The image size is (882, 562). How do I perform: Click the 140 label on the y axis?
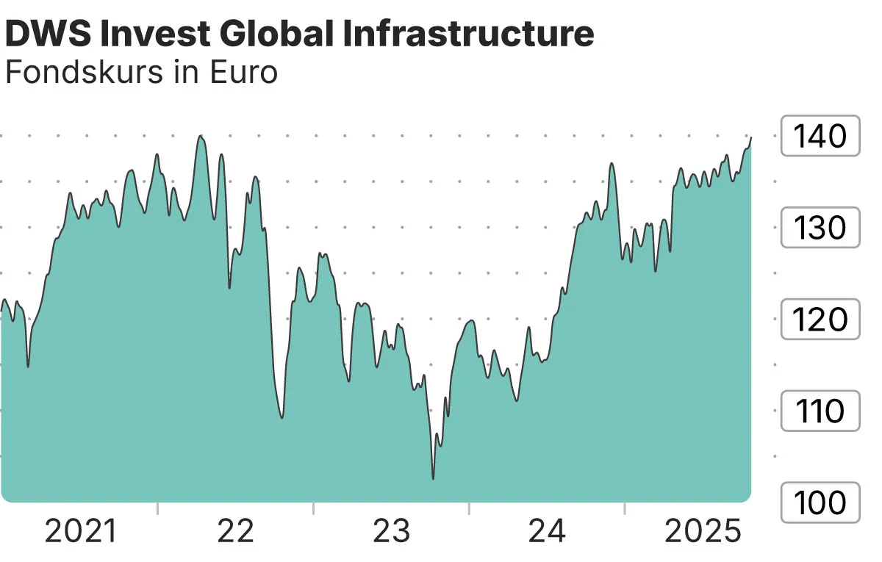[820, 136]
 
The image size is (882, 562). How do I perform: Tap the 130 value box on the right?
[820, 228]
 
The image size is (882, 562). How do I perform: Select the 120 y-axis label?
[820, 320]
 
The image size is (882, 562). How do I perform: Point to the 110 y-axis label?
[820, 411]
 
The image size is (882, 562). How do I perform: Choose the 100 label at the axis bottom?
[820, 503]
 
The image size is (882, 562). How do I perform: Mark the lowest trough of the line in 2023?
[433, 479]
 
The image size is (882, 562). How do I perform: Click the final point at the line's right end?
[751, 137]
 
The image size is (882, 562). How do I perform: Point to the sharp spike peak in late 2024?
[612, 163]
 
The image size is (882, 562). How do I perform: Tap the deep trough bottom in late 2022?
[282, 418]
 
